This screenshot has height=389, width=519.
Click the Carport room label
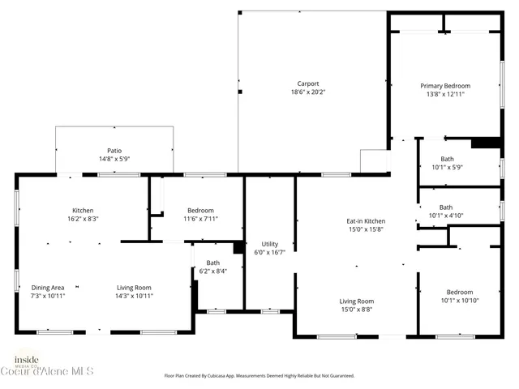307,83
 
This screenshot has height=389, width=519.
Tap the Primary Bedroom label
444,86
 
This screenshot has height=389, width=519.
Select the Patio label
114,150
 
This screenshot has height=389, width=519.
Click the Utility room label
269,244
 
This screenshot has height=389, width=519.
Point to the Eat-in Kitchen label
366,221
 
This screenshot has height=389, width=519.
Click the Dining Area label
48,288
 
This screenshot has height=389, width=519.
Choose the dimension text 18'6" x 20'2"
307,92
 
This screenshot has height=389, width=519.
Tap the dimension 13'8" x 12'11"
444,94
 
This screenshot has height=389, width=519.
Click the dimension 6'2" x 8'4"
212,271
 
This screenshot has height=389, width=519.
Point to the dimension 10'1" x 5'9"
447,167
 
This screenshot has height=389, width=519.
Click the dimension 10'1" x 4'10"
446,216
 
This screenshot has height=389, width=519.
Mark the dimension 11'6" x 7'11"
200,219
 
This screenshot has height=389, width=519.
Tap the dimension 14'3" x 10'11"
134,296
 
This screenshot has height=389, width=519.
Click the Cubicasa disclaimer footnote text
259,376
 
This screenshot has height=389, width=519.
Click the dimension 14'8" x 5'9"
114,159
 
